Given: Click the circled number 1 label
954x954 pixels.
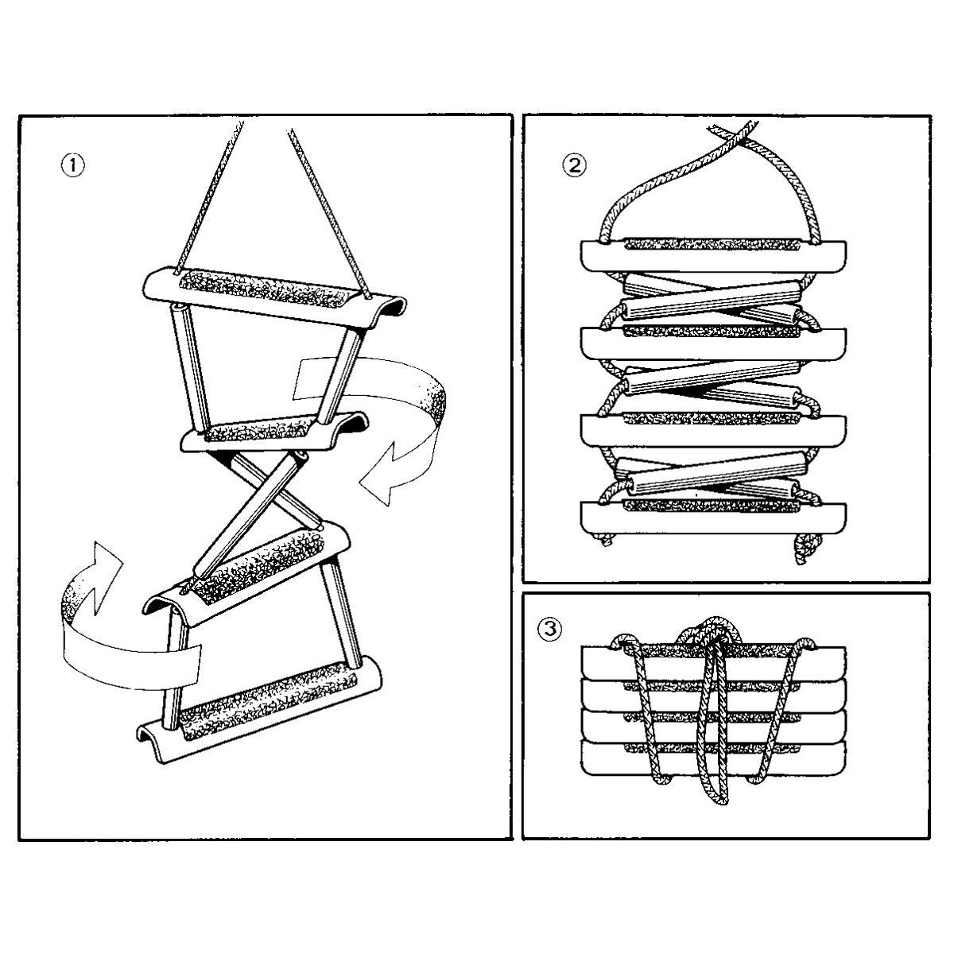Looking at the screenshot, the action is tap(73, 165).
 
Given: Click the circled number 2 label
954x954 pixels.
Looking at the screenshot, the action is tap(574, 165).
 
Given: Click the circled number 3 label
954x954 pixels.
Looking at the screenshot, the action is tap(549, 629).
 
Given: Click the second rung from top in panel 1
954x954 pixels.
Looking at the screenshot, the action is tap(275, 432).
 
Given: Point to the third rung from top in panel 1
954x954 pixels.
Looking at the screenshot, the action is tap(246, 569).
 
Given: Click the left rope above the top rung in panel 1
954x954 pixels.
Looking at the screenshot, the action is tap(209, 195).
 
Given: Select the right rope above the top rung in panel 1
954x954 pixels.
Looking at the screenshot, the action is tap(328, 213).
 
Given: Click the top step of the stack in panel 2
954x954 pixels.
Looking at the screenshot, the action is tap(713, 255).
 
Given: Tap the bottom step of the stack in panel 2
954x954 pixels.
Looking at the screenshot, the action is tap(713, 517).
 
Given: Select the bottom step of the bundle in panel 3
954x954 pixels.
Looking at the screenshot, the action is tap(713, 758).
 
